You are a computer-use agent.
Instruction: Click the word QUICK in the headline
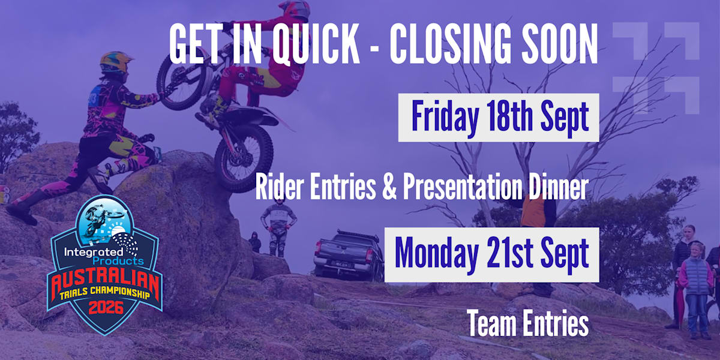[x=316, y=44]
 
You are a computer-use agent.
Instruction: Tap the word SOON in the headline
[x=560, y=44]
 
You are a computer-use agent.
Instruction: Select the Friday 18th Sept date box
[x=499, y=118]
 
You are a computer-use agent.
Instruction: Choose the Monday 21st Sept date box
[x=492, y=255]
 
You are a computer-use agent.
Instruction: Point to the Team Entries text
[x=527, y=323]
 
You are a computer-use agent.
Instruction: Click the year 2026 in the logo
[x=106, y=308]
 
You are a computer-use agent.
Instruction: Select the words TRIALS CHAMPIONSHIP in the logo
[x=105, y=293]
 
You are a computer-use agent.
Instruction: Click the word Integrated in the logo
[x=93, y=252]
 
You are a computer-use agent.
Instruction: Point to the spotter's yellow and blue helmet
[x=115, y=62]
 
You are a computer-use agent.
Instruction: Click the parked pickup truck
[x=349, y=256]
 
